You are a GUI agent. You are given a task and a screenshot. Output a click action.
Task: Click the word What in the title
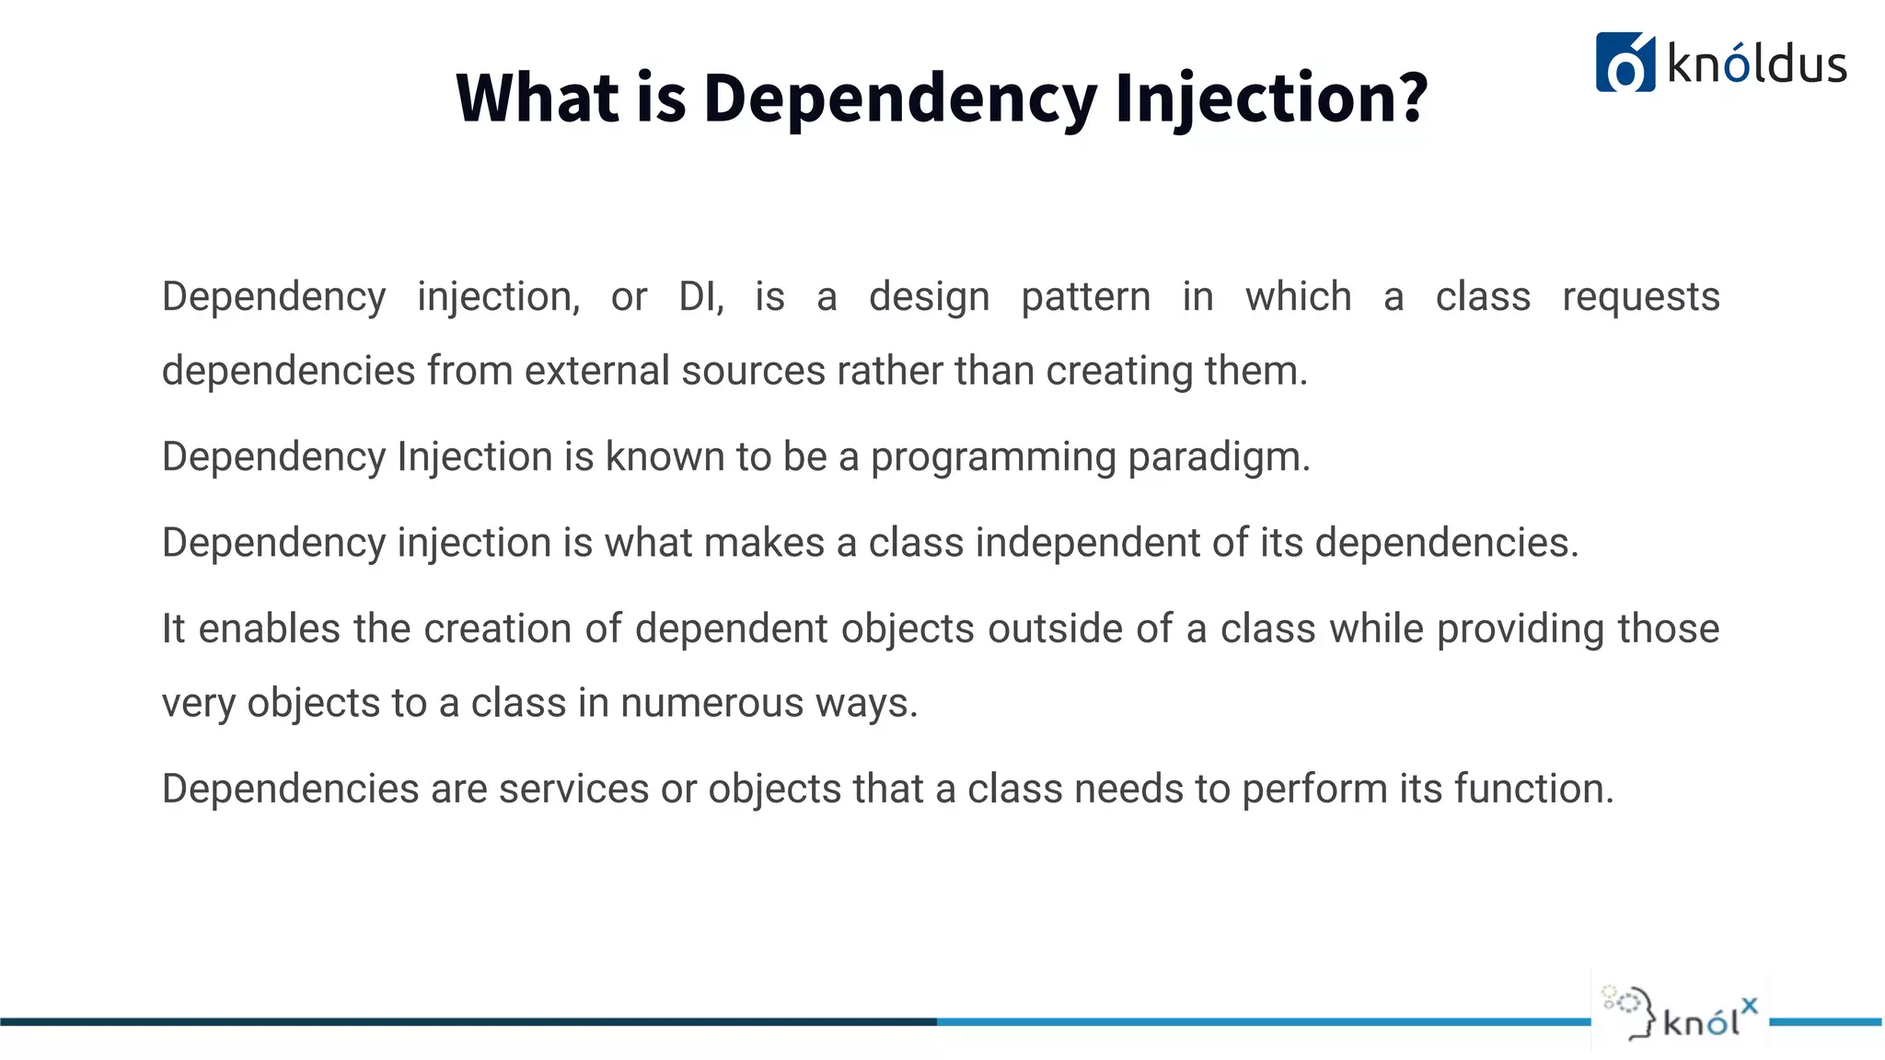point(538,98)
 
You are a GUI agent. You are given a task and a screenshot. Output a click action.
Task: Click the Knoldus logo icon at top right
point(1625,63)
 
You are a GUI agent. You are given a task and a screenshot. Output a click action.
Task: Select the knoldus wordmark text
point(1756,64)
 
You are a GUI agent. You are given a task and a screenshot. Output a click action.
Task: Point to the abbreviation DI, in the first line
point(700,297)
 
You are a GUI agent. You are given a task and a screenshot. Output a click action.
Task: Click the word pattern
point(1085,297)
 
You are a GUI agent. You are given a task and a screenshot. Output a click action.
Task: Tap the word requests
point(1640,297)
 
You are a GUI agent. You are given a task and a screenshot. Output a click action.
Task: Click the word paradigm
point(1219,457)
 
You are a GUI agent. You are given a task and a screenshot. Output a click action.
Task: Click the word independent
point(1087,543)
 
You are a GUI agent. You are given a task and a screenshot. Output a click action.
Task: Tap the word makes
point(763,543)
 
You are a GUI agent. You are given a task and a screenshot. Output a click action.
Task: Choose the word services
point(573,789)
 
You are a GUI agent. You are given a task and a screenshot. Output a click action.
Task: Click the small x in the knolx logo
point(1749,1006)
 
